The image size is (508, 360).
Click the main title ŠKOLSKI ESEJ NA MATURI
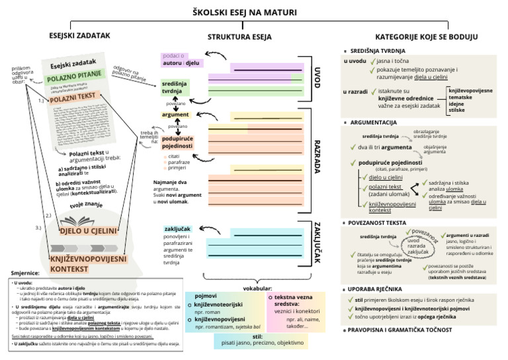point(254,13)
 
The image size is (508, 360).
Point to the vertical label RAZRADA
point(317,156)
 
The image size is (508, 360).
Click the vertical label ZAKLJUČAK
point(317,242)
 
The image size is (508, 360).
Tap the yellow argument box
point(175,114)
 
